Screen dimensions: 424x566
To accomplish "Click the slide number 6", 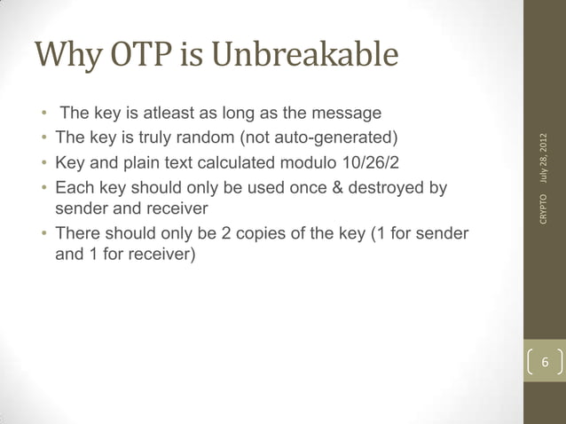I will coord(545,364).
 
